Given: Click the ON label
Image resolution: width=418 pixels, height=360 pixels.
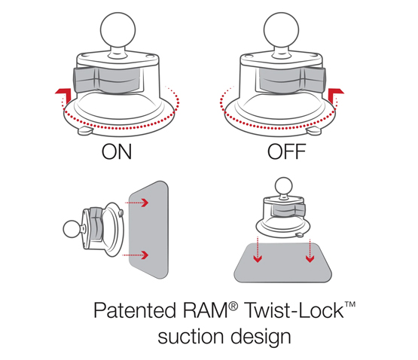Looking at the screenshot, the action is coord(117,151).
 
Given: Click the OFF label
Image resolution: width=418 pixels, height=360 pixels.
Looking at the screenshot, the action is coord(287,151).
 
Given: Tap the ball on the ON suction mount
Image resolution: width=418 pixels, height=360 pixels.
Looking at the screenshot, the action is coord(117,29).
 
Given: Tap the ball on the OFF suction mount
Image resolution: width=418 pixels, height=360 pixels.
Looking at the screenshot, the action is coord(281,29).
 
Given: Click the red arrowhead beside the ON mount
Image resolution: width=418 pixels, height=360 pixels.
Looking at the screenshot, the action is coord(63,95).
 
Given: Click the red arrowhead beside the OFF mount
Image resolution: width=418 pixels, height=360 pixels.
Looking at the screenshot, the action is coord(336,95).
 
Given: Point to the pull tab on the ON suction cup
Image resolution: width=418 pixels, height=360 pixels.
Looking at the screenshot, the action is coord(86,131).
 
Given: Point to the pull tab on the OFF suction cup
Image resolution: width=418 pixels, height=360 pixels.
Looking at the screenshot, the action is coord(314,131).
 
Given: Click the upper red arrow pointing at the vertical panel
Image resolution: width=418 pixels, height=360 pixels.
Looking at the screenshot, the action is coord(136,203).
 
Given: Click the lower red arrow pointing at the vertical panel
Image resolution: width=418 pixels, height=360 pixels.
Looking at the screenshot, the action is coord(135,255).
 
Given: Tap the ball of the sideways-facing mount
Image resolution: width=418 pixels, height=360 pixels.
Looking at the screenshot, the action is coord(72,229).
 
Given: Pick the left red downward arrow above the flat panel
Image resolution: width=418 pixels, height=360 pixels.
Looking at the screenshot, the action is coord(258,250).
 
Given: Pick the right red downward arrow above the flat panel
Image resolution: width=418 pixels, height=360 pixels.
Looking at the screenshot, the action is coord(310,250).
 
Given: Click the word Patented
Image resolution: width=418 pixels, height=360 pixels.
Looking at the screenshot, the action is coord(135,310).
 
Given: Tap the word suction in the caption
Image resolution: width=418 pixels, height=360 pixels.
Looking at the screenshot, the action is coord(191,337).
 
